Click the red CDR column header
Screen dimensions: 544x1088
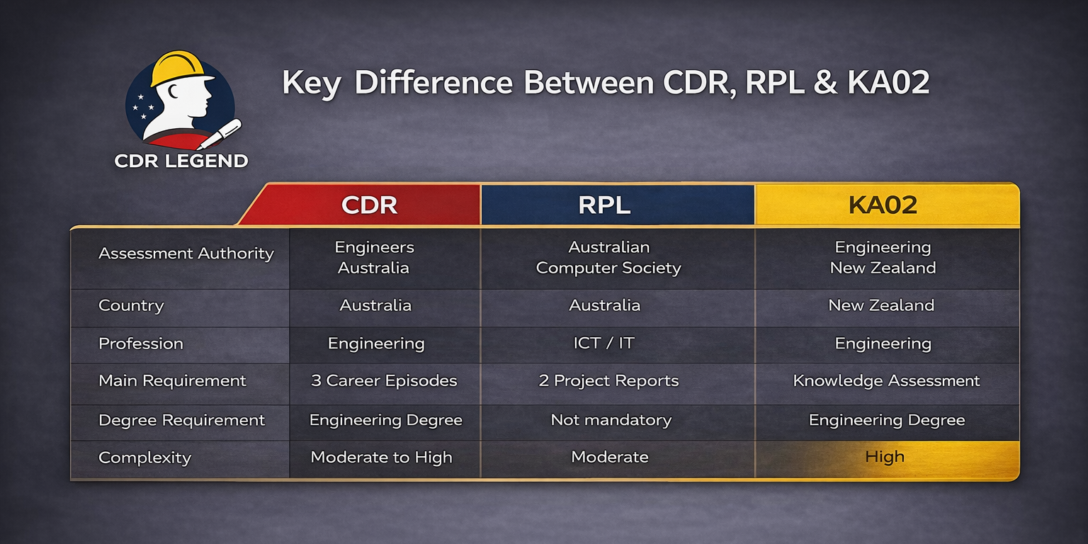pyautogui.click(x=369, y=205)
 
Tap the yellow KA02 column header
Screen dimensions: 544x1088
pyautogui.click(x=883, y=205)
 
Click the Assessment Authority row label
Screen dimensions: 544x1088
pyautogui.click(x=186, y=254)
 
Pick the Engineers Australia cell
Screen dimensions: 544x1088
pyautogui.click(x=374, y=258)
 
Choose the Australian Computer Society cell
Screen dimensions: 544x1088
pyautogui.click(x=608, y=258)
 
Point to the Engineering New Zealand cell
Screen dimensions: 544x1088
pyautogui.click(x=883, y=258)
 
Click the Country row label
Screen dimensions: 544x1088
pyautogui.click(x=131, y=306)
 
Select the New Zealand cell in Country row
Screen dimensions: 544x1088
pyautogui.click(x=881, y=306)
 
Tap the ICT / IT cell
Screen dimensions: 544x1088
pyautogui.click(x=605, y=344)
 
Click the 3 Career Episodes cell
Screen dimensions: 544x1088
pyautogui.click(x=384, y=381)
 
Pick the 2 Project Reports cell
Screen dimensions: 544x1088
pyautogui.click(x=608, y=381)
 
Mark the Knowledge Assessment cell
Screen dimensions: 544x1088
pyautogui.click(x=886, y=381)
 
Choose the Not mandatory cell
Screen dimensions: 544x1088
pyautogui.click(x=611, y=420)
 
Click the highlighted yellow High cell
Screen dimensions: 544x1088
pyautogui.click(x=885, y=458)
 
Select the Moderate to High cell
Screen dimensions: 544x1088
pyautogui.click(x=381, y=458)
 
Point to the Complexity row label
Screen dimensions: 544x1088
pyautogui.click(x=144, y=458)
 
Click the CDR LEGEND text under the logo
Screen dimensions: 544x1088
pyautogui.click(x=181, y=161)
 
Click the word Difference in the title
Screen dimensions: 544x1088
pyautogui.click(x=433, y=83)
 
